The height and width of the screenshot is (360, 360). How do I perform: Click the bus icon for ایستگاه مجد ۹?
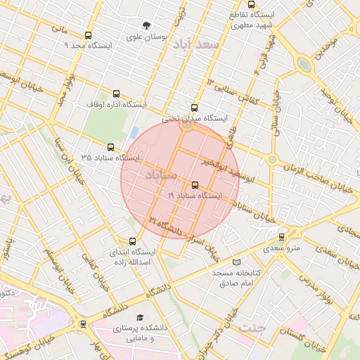tap(88, 35)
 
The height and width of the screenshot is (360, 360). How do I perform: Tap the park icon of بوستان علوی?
tap(146, 23)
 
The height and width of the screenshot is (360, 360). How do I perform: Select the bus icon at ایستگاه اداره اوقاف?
tap(116, 94)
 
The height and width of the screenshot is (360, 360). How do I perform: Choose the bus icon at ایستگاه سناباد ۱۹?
tap(195, 186)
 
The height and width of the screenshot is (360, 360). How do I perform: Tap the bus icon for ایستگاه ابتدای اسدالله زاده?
tap(132, 241)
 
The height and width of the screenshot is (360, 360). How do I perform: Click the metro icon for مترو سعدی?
tap(282, 237)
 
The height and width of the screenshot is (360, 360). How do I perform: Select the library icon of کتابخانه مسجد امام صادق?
tap(217, 262)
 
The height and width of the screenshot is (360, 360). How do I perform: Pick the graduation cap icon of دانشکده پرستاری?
tap(140, 318)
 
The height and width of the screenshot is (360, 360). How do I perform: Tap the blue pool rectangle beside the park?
tap(134, 131)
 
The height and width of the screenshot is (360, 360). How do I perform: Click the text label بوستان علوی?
tap(146, 35)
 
